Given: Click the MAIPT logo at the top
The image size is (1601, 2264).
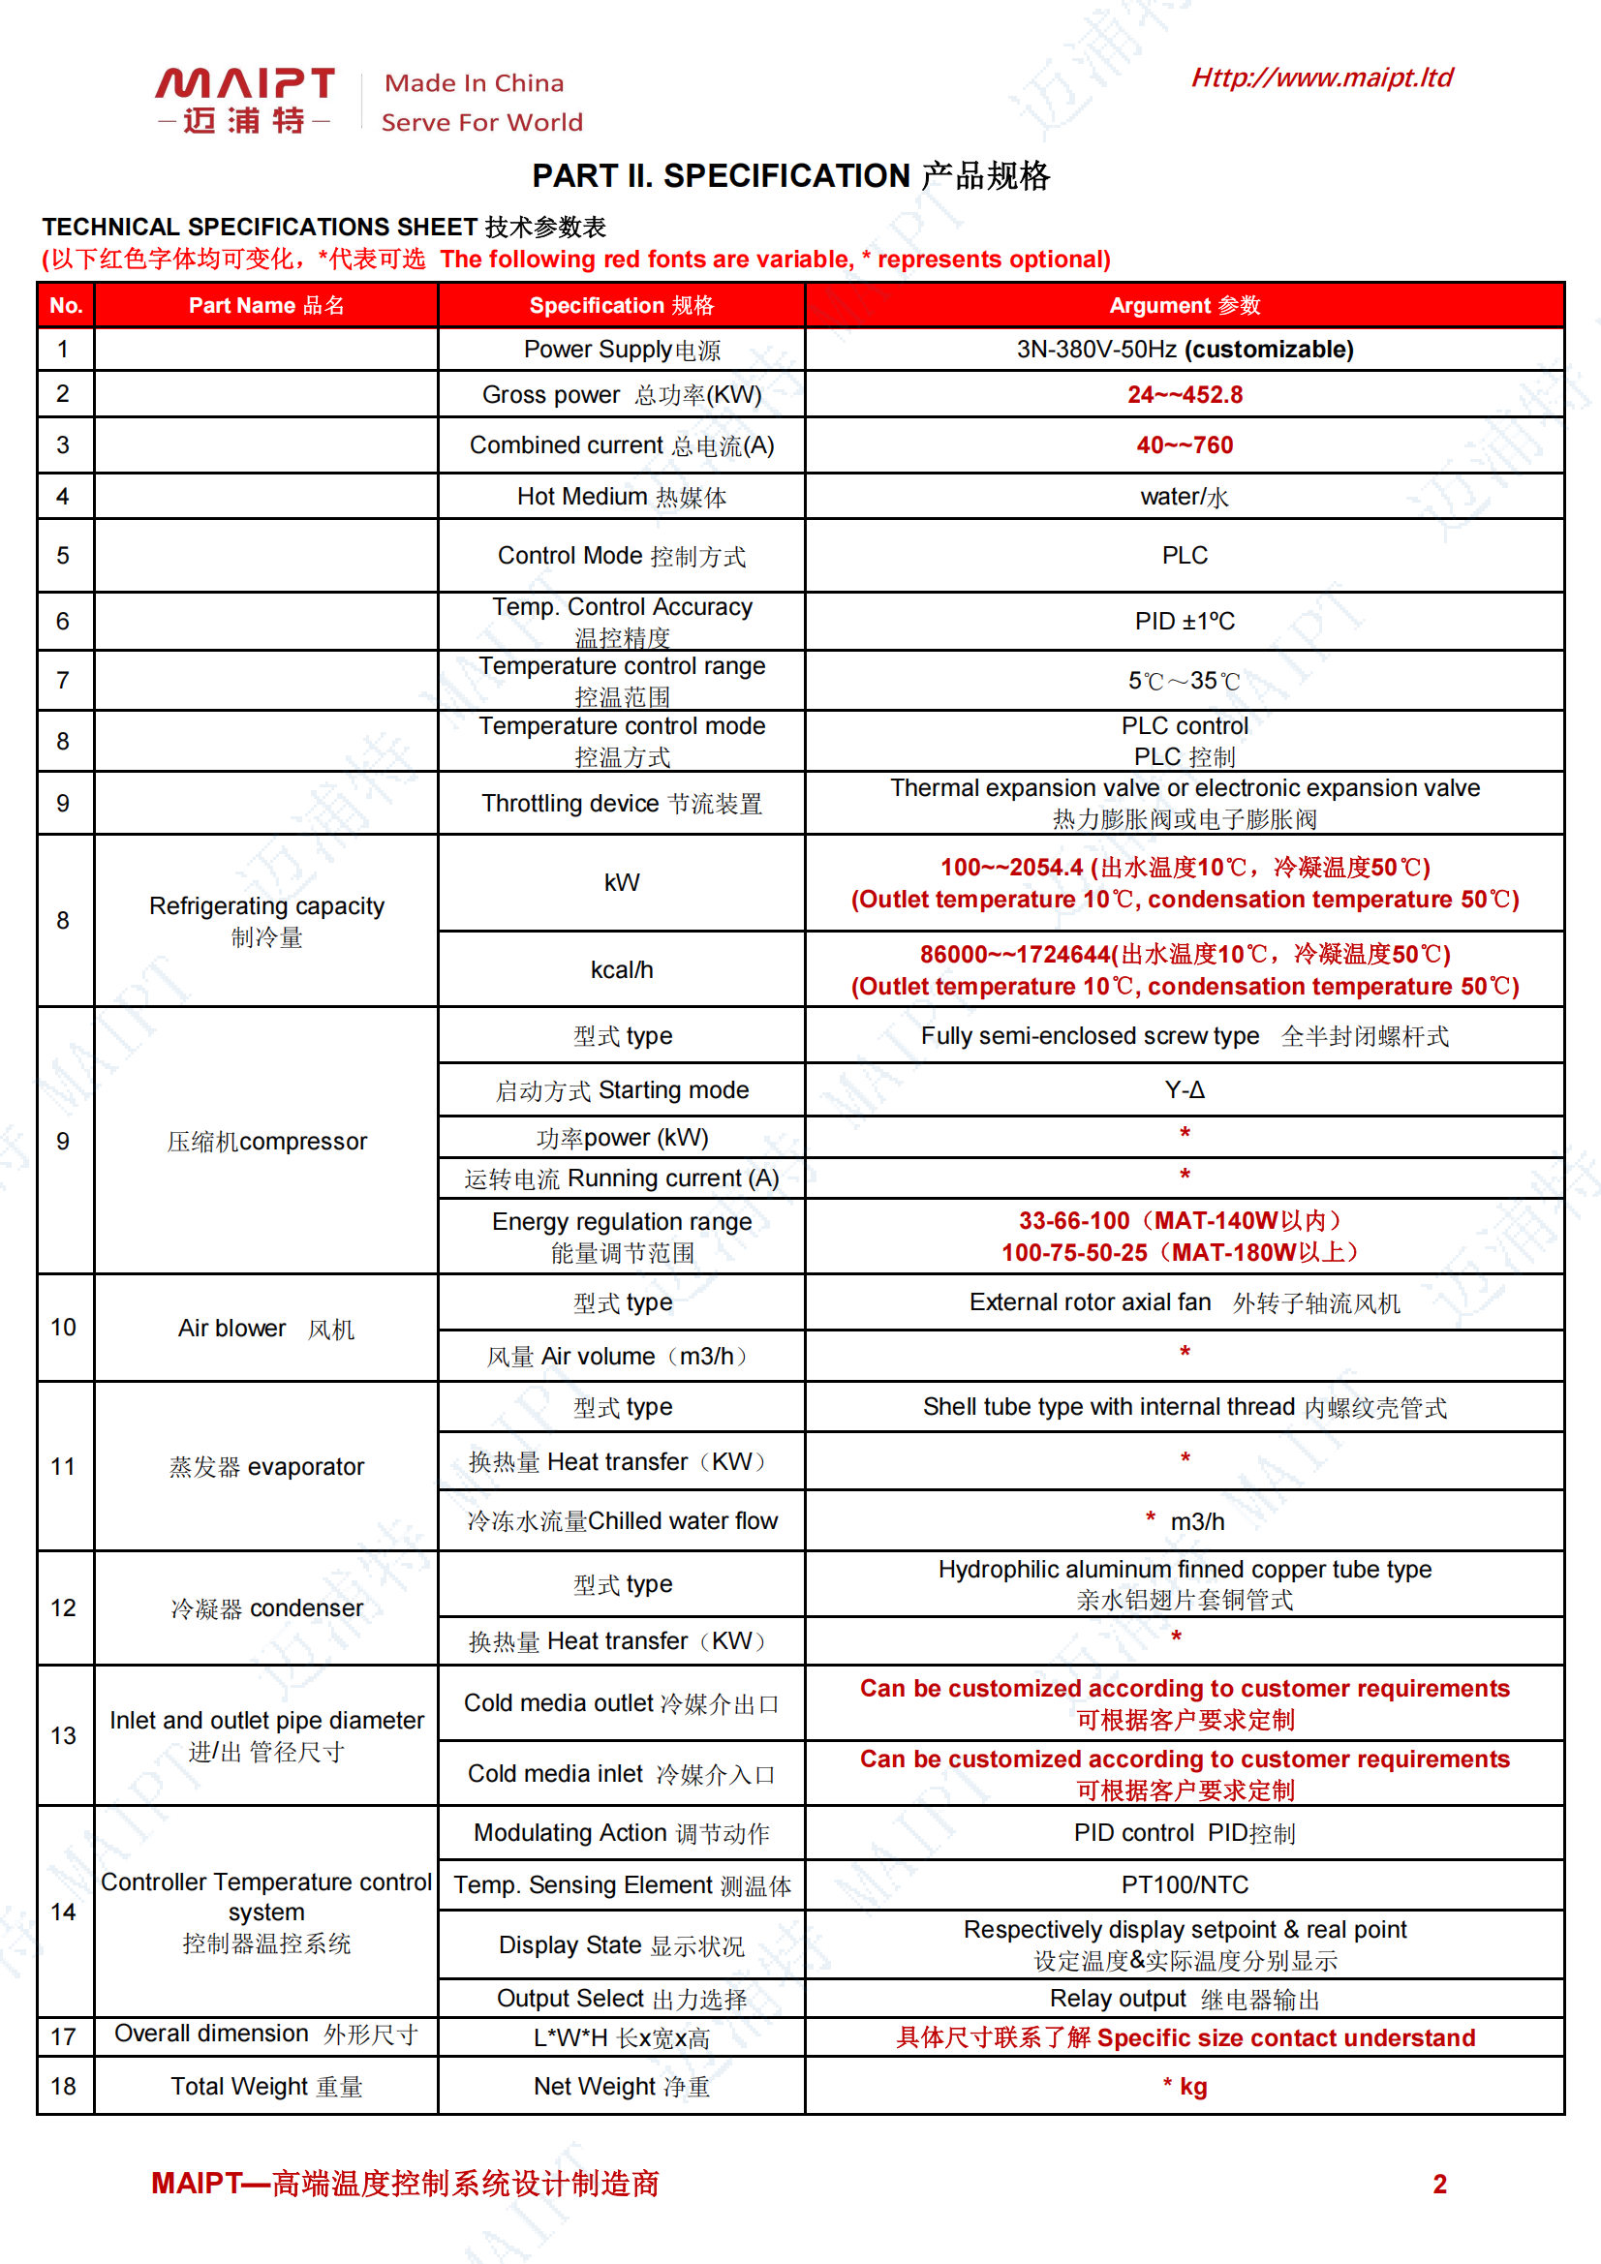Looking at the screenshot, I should [244, 99].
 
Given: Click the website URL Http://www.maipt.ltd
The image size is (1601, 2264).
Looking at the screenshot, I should [1321, 77].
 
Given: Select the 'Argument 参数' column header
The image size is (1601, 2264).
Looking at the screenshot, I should [1184, 306].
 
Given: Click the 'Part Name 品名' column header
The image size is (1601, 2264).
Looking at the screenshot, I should [266, 306].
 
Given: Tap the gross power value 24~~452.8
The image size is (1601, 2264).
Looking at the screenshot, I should [1184, 394].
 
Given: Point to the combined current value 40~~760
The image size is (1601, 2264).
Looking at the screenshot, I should [1184, 444].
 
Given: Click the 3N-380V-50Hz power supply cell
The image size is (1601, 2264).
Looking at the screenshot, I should [1184, 349].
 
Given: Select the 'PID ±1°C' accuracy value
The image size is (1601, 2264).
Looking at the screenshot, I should [1184, 622].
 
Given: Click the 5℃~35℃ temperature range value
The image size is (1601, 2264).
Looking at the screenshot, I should [1184, 681].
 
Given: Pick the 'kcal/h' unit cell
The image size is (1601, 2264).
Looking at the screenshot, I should [622, 969].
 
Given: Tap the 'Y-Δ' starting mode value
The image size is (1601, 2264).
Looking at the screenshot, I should [1184, 1089].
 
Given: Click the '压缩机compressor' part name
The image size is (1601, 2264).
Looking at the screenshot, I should [266, 1141].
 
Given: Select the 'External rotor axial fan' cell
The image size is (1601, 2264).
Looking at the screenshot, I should [1184, 1302].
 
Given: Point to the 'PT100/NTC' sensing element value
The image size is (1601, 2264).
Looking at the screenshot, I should [1184, 1884].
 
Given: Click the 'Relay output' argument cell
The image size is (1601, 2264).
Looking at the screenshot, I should [1184, 1998].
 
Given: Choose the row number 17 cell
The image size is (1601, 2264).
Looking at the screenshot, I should [64, 2036].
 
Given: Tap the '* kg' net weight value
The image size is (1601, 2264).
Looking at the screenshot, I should [1184, 2086].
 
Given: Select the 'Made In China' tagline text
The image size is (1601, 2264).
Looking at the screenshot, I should [475, 83].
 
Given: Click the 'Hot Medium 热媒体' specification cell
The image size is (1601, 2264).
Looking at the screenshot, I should [622, 497].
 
